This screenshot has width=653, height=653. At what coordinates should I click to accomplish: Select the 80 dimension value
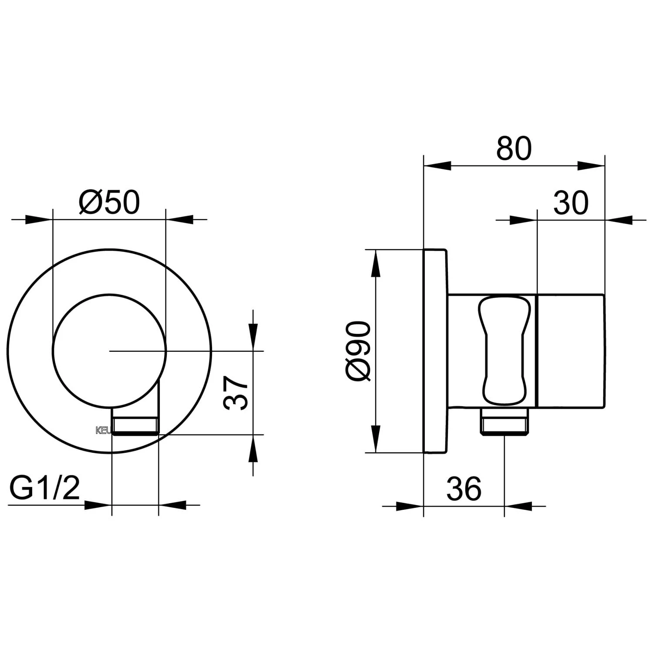click(x=514, y=148)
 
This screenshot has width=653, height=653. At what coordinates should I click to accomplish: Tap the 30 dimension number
click(x=571, y=202)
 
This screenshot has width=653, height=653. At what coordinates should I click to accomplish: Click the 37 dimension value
click(x=236, y=393)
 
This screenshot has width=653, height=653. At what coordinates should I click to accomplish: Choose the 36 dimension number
click(x=464, y=488)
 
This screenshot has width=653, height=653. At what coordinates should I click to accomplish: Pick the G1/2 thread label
click(x=45, y=488)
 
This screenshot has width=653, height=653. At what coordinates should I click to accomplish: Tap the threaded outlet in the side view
click(x=504, y=421)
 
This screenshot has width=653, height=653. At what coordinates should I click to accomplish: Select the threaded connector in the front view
click(x=135, y=425)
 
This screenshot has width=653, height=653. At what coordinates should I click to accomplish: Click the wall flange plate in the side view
click(x=434, y=351)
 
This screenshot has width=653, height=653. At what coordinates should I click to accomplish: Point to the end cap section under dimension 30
click(x=571, y=351)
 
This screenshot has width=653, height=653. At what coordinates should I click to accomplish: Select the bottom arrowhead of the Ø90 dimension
click(x=375, y=439)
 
